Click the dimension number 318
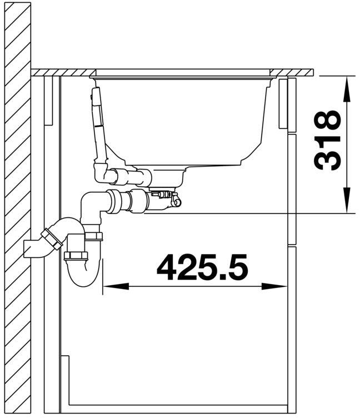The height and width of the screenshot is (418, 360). [327, 140]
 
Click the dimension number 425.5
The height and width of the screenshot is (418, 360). [202, 267]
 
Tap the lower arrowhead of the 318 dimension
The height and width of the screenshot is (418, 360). [347, 200]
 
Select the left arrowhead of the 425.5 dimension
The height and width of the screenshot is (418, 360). [116, 287]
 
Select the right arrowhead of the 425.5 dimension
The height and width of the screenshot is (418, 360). [274, 287]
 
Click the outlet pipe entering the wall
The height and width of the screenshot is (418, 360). [33, 248]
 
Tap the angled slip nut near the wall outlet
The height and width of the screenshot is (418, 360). [52, 239]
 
